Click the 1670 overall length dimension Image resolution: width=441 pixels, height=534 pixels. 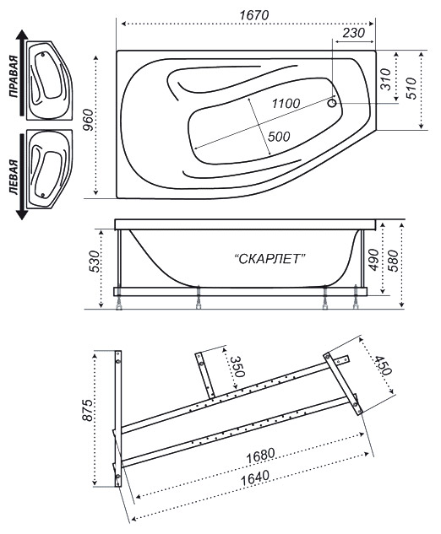(x=253, y=15)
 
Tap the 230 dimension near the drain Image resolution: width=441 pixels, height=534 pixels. (x=353, y=33)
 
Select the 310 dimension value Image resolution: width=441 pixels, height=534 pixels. (x=385, y=79)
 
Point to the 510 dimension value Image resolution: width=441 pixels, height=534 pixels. (x=412, y=89)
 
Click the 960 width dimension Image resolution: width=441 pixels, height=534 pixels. (x=89, y=120)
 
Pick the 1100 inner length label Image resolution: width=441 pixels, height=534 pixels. (x=286, y=103)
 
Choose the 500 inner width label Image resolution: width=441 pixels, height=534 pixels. (x=279, y=137)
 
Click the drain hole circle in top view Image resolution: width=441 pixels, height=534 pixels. (x=332, y=103)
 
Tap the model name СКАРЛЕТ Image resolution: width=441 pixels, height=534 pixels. (x=269, y=259)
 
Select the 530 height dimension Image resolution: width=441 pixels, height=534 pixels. (x=95, y=262)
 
